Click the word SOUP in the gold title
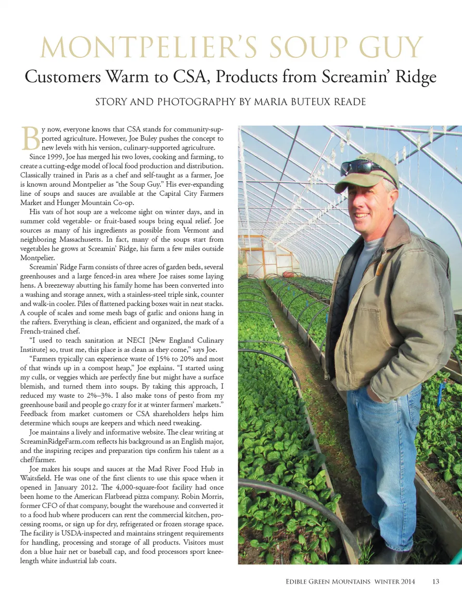pyautogui.click(x=308, y=47)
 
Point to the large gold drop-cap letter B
pyautogui.click(x=30, y=138)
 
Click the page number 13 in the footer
pyautogui.click(x=436, y=581)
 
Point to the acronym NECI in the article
pyautogui.click(x=136, y=340)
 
